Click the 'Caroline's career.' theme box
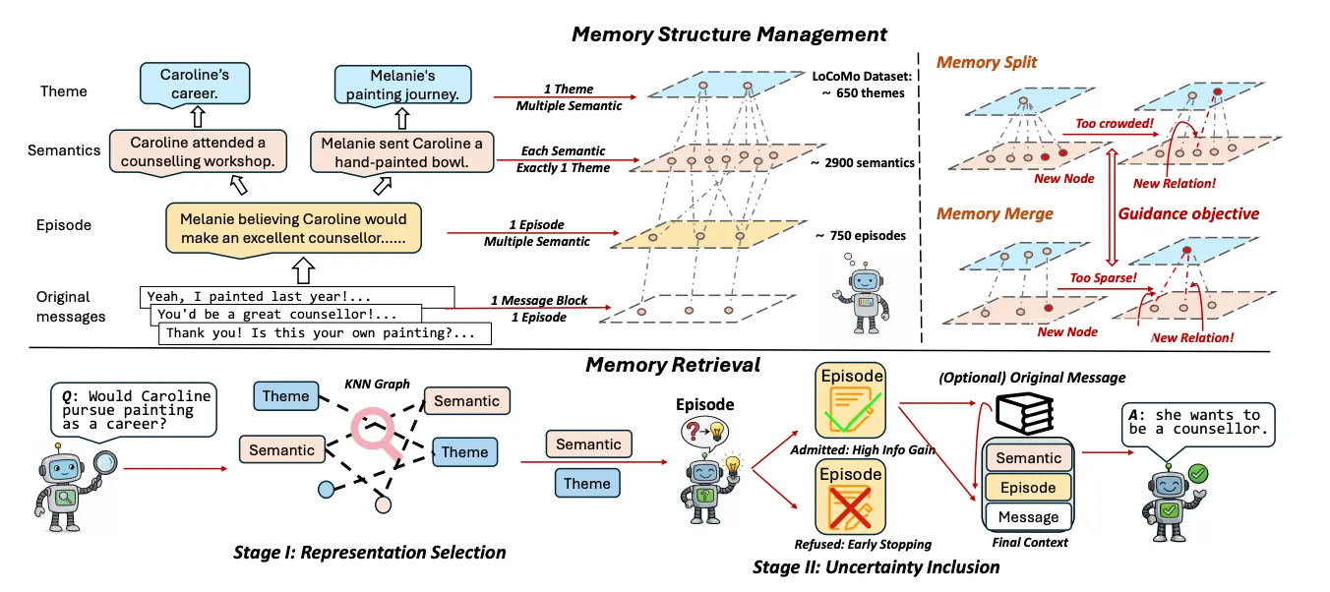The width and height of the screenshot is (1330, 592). click(194, 85)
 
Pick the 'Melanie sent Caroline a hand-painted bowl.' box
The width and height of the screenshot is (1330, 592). click(402, 152)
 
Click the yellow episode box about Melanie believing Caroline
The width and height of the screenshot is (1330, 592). click(292, 229)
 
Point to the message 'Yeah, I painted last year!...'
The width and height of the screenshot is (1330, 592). click(296, 295)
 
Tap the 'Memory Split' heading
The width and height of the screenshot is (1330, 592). click(987, 63)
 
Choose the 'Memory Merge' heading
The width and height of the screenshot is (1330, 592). click(995, 213)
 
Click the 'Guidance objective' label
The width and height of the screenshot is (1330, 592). click(1188, 213)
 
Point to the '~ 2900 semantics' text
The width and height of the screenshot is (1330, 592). click(862, 162)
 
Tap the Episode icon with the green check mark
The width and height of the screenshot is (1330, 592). click(850, 402)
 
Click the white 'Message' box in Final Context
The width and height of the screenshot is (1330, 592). click(1028, 516)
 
